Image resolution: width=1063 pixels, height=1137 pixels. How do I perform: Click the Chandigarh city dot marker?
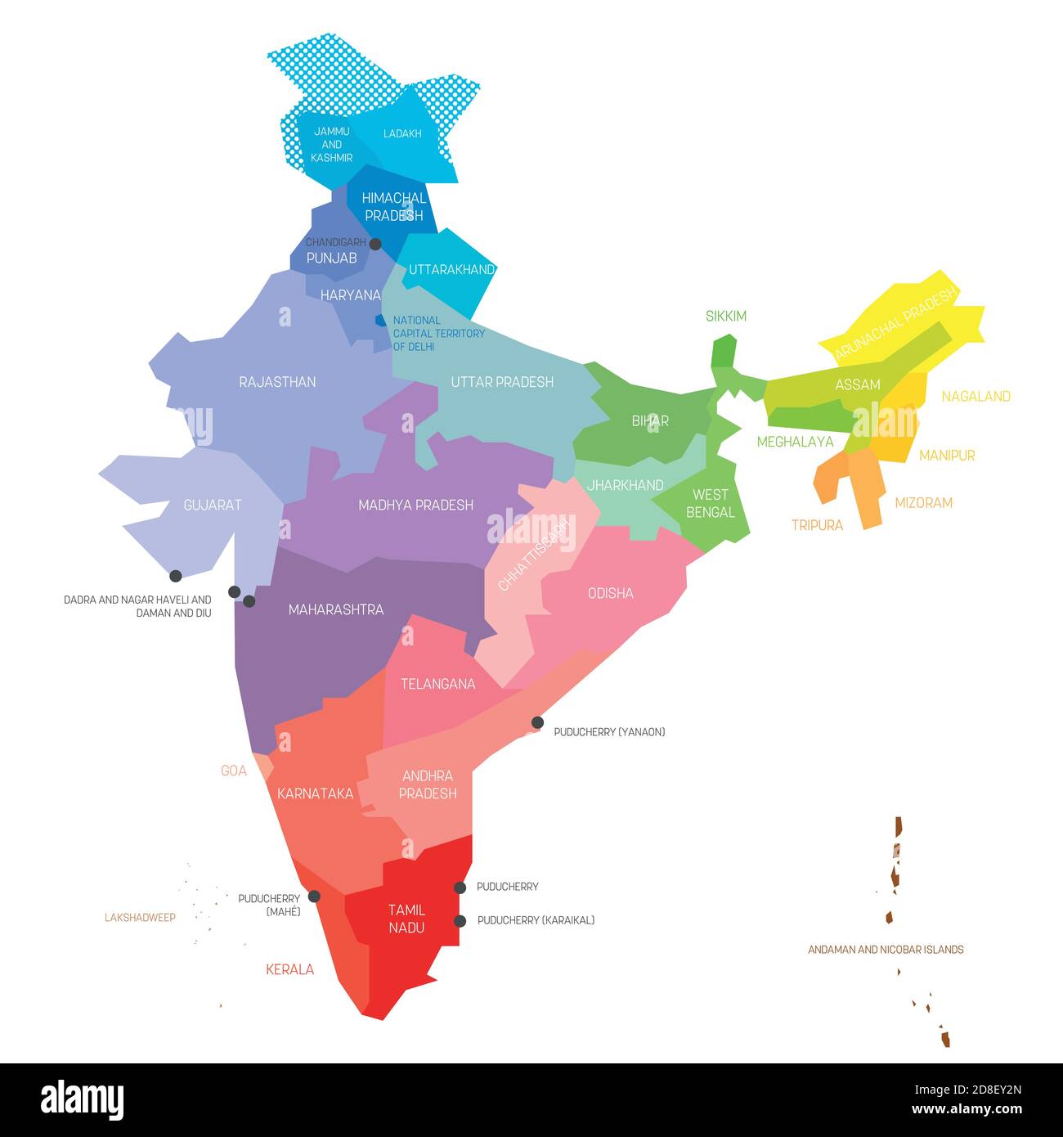[x=375, y=244]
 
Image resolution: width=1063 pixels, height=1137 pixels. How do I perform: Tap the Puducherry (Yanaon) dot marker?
[x=537, y=722]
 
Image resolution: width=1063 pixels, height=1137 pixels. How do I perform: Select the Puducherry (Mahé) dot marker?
[x=314, y=897]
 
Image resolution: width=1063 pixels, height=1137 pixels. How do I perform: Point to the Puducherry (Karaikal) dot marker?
[x=460, y=921]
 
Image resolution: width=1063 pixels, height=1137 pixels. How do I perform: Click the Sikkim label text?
[x=726, y=317]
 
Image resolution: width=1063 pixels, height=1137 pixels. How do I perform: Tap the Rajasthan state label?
[x=277, y=382]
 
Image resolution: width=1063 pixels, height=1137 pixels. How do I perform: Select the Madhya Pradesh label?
[x=415, y=505]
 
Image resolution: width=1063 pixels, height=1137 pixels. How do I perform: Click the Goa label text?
[x=234, y=771]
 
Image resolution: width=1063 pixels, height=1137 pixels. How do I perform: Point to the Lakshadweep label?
[x=140, y=918]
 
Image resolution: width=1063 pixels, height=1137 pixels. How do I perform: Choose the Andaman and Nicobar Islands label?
[x=886, y=950]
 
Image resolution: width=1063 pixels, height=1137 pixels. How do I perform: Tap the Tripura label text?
[x=817, y=525]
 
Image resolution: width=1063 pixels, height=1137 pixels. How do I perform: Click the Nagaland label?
[x=976, y=397]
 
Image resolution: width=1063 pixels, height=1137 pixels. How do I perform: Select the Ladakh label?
[x=402, y=133]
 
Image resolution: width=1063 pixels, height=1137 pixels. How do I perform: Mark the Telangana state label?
[x=437, y=684]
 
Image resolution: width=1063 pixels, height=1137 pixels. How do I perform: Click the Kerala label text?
[x=289, y=970]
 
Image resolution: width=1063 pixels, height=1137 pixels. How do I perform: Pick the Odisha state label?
[x=610, y=593]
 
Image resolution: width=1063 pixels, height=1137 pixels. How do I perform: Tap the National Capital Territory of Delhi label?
[x=438, y=334]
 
